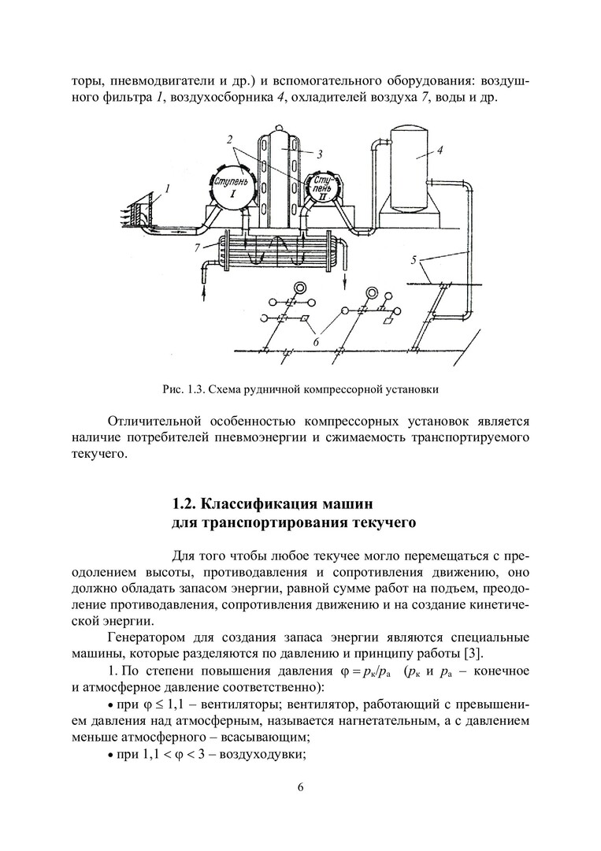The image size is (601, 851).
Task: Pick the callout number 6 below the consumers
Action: point(316,341)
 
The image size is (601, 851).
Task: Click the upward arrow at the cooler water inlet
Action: point(203,291)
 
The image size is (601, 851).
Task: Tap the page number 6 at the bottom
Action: point(300,788)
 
